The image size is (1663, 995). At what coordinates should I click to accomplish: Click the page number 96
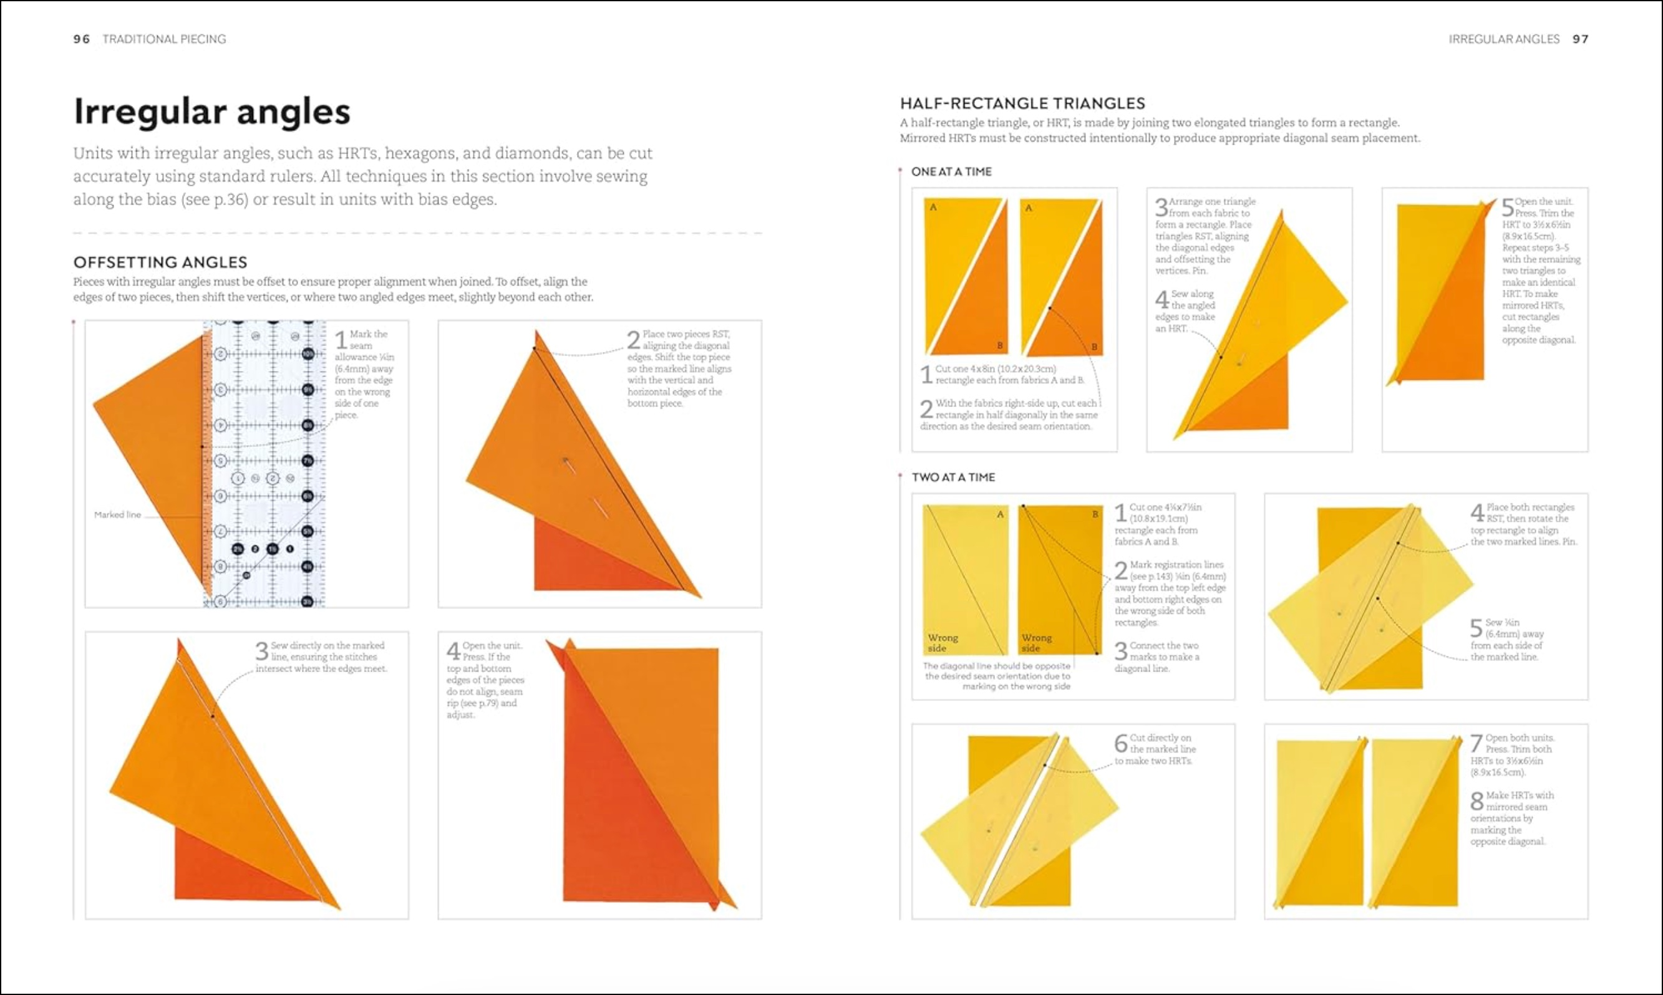tap(81, 39)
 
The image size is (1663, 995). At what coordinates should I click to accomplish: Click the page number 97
tap(1580, 39)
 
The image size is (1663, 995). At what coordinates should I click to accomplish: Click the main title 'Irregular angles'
tap(211, 112)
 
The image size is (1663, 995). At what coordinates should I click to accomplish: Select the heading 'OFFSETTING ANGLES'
tap(160, 262)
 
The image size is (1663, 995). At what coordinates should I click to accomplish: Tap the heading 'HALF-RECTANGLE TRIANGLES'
tap(1022, 103)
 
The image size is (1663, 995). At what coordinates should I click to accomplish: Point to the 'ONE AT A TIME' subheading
tap(951, 171)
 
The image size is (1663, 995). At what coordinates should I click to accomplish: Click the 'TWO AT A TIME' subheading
tap(953, 478)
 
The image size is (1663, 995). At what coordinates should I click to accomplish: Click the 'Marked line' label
tap(117, 515)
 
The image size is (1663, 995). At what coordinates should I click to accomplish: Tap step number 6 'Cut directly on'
tap(1120, 743)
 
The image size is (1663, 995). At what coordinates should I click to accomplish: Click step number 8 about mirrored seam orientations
tap(1476, 800)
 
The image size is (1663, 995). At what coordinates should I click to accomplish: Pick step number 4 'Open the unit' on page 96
tap(453, 650)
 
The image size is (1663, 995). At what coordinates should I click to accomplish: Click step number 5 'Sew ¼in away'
tap(1476, 628)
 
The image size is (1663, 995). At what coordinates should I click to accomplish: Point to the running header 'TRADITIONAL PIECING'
tap(163, 39)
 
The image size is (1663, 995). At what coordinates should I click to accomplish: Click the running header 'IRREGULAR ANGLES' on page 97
tap(1503, 39)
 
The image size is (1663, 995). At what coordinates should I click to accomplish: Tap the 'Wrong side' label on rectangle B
tap(1037, 643)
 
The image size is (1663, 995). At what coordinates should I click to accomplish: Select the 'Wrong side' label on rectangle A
tap(943, 643)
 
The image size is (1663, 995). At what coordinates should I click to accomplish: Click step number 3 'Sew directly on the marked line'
tap(261, 650)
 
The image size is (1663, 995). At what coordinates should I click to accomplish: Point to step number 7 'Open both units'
tap(1476, 743)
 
